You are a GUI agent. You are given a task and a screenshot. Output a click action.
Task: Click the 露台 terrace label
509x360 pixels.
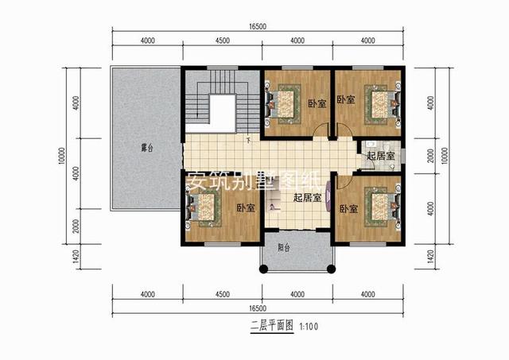(146, 148)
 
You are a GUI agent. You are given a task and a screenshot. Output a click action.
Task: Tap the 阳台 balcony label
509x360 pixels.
(295, 247)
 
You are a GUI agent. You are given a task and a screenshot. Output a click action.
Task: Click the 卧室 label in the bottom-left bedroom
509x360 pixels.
(245, 207)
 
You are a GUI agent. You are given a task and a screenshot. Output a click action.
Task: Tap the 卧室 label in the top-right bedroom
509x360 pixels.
(344, 100)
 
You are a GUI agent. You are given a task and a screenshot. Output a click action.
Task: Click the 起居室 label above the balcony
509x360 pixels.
(306, 198)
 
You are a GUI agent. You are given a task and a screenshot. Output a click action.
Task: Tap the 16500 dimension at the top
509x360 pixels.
(258, 26)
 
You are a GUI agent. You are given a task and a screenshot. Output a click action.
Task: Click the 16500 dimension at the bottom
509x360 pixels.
(258, 308)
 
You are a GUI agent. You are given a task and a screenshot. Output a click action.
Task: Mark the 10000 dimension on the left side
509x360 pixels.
(61, 158)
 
